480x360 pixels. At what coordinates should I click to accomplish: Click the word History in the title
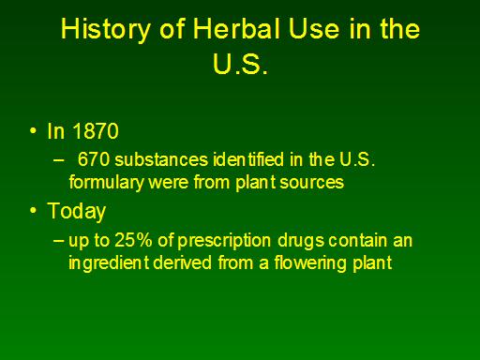pyautogui.click(x=106, y=30)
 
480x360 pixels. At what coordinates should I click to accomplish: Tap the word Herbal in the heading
pyautogui.click(x=237, y=28)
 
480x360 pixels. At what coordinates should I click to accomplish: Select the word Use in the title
pyautogui.click(x=313, y=28)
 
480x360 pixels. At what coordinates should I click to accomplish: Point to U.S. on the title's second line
pyautogui.click(x=240, y=64)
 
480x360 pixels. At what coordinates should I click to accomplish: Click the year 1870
pyautogui.click(x=96, y=131)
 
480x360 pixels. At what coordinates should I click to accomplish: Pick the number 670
pyautogui.click(x=94, y=159)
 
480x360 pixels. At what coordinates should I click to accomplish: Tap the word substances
pyautogui.click(x=161, y=159)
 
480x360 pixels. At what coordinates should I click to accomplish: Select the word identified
pyautogui.click(x=248, y=159)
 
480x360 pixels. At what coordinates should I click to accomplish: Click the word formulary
pyautogui.click(x=106, y=183)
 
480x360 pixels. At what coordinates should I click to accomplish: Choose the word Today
pyautogui.click(x=77, y=212)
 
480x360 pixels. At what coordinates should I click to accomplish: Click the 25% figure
pyautogui.click(x=133, y=240)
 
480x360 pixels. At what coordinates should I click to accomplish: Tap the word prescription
pyautogui.click(x=224, y=241)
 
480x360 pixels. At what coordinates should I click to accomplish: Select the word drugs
pyautogui.click(x=301, y=241)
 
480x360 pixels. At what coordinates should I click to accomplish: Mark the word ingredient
pyautogui.click(x=109, y=263)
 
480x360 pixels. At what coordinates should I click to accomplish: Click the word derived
pyautogui.click(x=183, y=262)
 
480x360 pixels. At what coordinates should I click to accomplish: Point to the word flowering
pyautogui.click(x=310, y=263)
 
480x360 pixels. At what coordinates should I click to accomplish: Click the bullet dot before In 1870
pyautogui.click(x=33, y=130)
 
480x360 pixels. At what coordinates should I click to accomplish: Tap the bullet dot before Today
pyautogui.click(x=33, y=210)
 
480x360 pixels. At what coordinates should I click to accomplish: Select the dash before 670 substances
pyautogui.click(x=58, y=159)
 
